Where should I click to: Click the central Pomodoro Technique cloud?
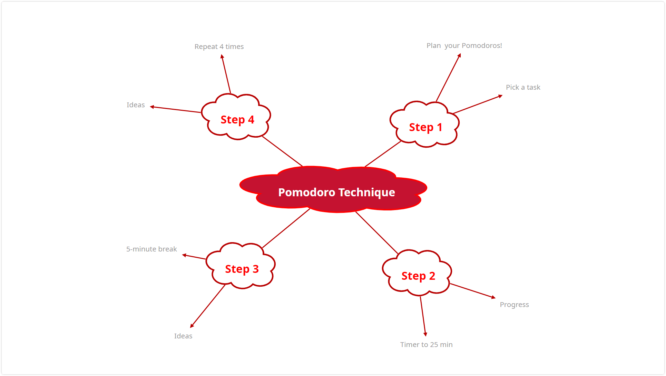click(x=333, y=190)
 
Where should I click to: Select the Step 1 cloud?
click(x=424, y=125)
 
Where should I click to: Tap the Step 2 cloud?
click(x=417, y=273)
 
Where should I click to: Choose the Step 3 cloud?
click(x=241, y=266)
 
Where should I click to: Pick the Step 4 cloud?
click(x=236, y=117)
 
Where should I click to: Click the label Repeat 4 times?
click(x=219, y=47)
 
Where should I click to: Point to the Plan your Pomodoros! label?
click(x=464, y=46)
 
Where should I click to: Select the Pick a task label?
click(x=523, y=87)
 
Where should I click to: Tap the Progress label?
click(x=514, y=305)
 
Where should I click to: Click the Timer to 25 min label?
click(x=426, y=345)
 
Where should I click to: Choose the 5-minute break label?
click(x=151, y=249)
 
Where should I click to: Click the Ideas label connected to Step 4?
click(x=136, y=105)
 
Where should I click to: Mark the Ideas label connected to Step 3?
click(x=183, y=336)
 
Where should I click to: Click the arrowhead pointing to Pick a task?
click(x=501, y=96)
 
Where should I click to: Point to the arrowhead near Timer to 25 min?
click(x=425, y=334)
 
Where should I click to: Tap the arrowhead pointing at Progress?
click(x=494, y=297)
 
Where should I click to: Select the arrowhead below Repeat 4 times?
click(x=222, y=56)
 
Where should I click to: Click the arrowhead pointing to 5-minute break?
click(x=184, y=255)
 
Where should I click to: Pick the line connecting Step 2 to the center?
click(x=377, y=233)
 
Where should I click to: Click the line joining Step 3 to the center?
click(x=286, y=228)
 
